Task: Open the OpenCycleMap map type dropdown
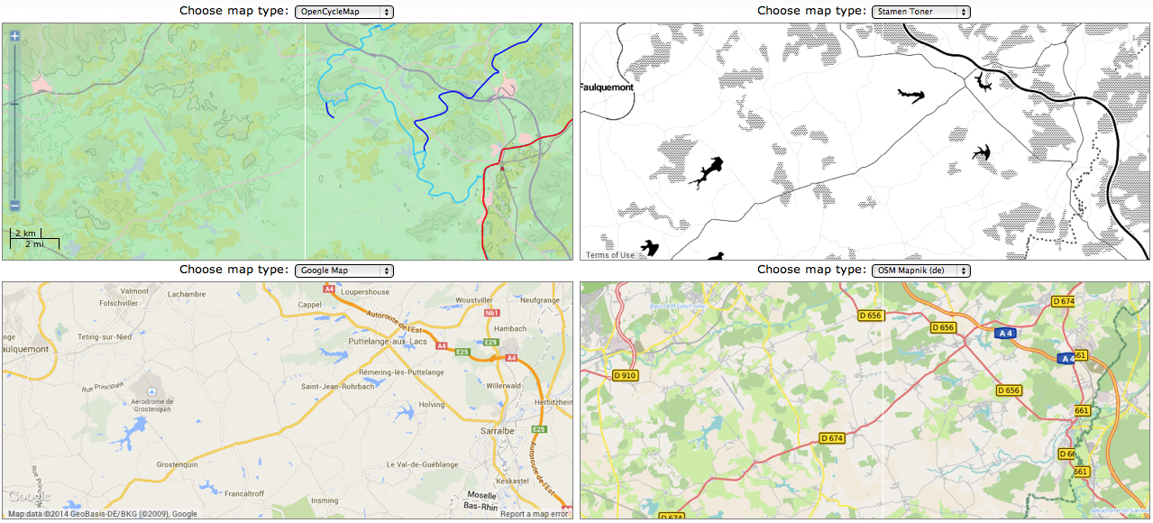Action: click(x=343, y=12)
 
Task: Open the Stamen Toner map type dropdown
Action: click(x=920, y=12)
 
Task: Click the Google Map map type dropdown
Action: click(x=343, y=271)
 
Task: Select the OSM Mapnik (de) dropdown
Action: click(x=920, y=271)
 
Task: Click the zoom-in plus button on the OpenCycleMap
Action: click(x=14, y=37)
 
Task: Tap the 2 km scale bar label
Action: click(x=25, y=234)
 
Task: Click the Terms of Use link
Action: click(x=610, y=255)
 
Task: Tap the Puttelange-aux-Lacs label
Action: click(x=389, y=343)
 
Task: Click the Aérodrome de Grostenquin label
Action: click(x=152, y=406)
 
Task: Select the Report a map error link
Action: click(x=535, y=514)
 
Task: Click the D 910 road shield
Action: click(x=625, y=375)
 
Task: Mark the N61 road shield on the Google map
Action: click(x=491, y=313)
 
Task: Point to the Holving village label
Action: click(x=431, y=405)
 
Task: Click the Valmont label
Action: click(x=134, y=291)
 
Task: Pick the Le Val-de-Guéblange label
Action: click(x=422, y=464)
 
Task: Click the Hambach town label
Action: click(x=509, y=329)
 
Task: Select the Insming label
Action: click(x=325, y=500)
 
